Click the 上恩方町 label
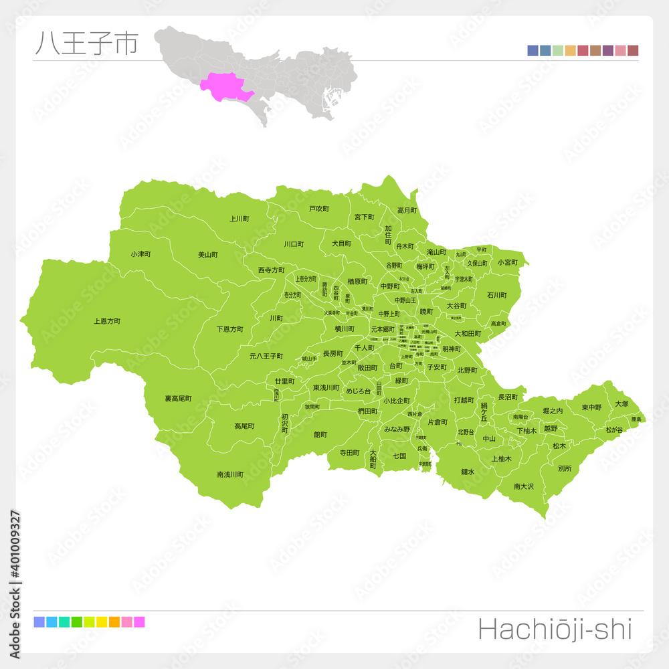[x=107, y=321]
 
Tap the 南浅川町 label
[x=230, y=474]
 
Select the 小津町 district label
[x=140, y=254]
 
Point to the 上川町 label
[x=240, y=218]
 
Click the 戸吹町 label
[x=319, y=209]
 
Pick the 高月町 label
[x=407, y=210]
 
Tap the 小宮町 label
[x=508, y=262]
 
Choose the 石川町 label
[x=497, y=294]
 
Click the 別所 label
[x=565, y=468]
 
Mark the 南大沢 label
[x=524, y=486]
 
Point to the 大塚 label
[x=622, y=403]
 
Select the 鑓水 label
[x=468, y=472]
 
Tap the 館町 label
[x=320, y=434]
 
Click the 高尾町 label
[x=244, y=425]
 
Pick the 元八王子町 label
[x=266, y=356]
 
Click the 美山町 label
[x=208, y=254]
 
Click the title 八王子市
[x=86, y=43]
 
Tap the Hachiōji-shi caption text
[x=555, y=630]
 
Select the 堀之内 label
[x=553, y=410]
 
